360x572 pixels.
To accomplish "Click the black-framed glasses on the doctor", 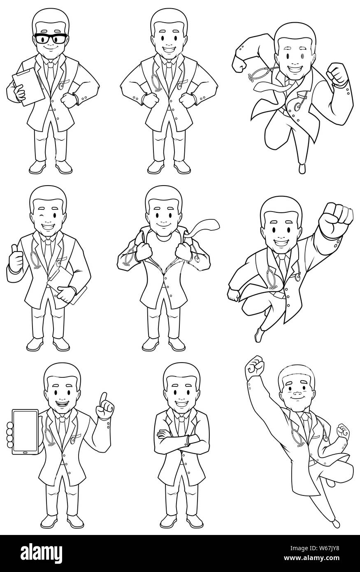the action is coord(51,39).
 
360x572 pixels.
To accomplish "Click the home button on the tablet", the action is coord(25,453).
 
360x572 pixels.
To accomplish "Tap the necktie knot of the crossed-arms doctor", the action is coord(181,419).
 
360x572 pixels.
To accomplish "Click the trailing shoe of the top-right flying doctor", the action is coord(302,168).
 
